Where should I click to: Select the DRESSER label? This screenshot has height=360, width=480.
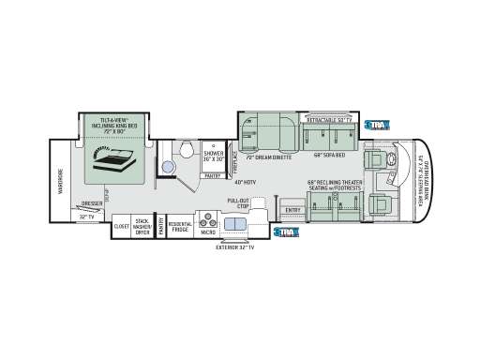[x=92, y=204]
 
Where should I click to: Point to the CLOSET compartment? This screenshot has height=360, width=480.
[x=122, y=227]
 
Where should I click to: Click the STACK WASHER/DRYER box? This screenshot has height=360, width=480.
[x=142, y=227]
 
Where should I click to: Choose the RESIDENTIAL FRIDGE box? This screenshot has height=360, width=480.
[x=180, y=227]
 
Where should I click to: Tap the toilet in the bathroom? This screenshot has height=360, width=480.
[x=186, y=150]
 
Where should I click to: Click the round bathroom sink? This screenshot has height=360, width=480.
[x=168, y=167]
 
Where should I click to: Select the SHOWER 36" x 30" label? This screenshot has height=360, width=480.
[x=215, y=152]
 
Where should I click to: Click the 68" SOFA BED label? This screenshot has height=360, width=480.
[x=329, y=155]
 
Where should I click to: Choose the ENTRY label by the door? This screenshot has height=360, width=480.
[x=292, y=210]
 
